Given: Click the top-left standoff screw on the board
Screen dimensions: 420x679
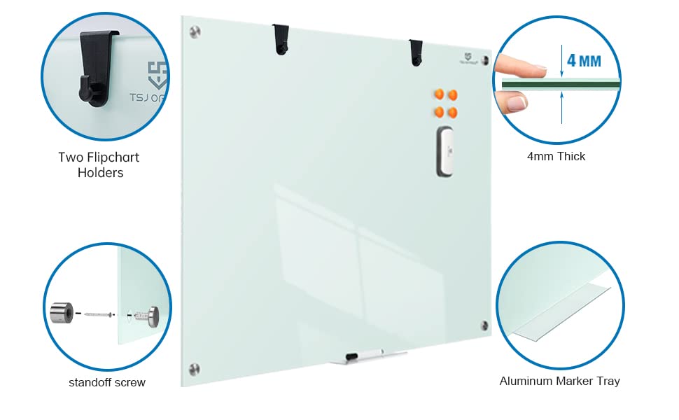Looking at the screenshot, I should click(x=195, y=31).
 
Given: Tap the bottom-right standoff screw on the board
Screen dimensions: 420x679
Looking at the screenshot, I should click(x=484, y=325).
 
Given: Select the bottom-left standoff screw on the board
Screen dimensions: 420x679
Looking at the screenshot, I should click(x=195, y=368).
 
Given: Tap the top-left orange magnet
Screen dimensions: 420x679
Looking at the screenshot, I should click(x=439, y=94).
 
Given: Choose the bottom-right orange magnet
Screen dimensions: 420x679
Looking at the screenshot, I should click(x=452, y=111).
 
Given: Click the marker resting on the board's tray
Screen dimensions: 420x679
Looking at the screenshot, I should click(x=363, y=355).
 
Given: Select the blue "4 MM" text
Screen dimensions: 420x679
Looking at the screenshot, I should click(x=584, y=60).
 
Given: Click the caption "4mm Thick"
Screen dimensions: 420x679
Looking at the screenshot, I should click(x=556, y=156).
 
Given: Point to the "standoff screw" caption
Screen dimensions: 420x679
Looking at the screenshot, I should click(x=107, y=382).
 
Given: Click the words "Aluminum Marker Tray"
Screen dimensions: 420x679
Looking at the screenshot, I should click(x=559, y=381).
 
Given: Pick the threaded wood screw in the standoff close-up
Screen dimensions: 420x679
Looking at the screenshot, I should click(x=99, y=314).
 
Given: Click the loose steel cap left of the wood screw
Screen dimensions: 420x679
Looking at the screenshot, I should click(x=61, y=312).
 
